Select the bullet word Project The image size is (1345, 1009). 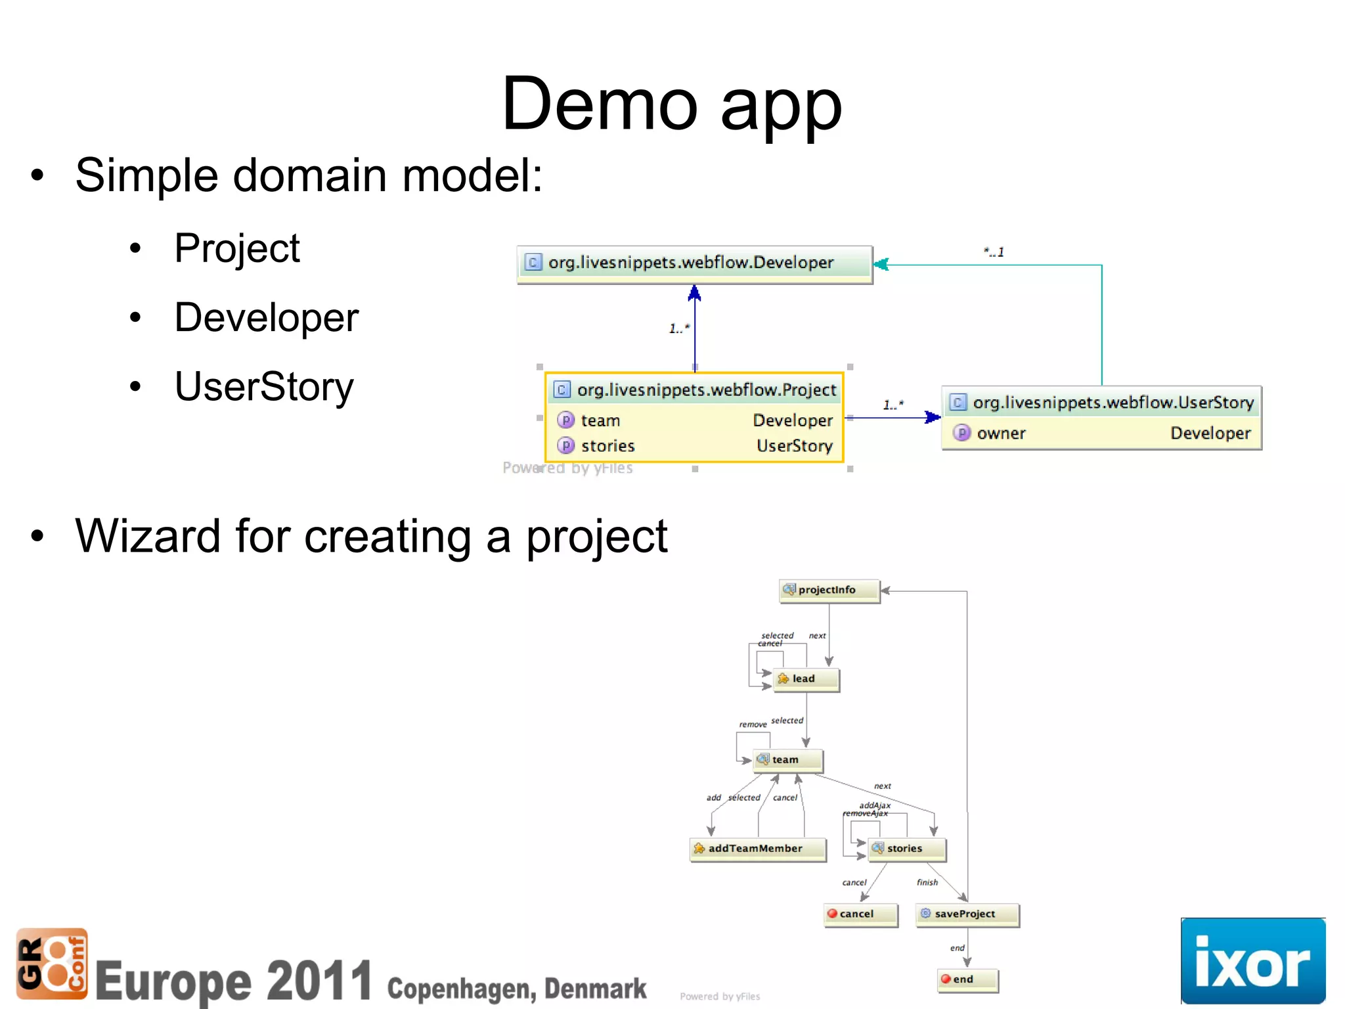(x=236, y=248)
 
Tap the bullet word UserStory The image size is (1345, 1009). (x=264, y=386)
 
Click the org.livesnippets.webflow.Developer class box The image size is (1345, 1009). (x=694, y=263)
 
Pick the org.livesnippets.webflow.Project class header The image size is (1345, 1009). (x=695, y=390)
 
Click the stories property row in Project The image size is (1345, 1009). (x=695, y=446)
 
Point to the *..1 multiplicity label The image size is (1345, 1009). (x=994, y=252)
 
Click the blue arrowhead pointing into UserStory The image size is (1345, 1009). (x=933, y=417)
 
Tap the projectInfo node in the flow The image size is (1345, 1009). (x=828, y=590)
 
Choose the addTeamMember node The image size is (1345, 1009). (x=757, y=848)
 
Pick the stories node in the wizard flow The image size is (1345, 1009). (x=906, y=848)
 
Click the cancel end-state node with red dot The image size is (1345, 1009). (x=859, y=914)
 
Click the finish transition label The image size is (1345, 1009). (x=927, y=882)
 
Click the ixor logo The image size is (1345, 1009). (x=1252, y=961)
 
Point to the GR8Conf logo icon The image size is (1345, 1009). (x=51, y=963)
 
